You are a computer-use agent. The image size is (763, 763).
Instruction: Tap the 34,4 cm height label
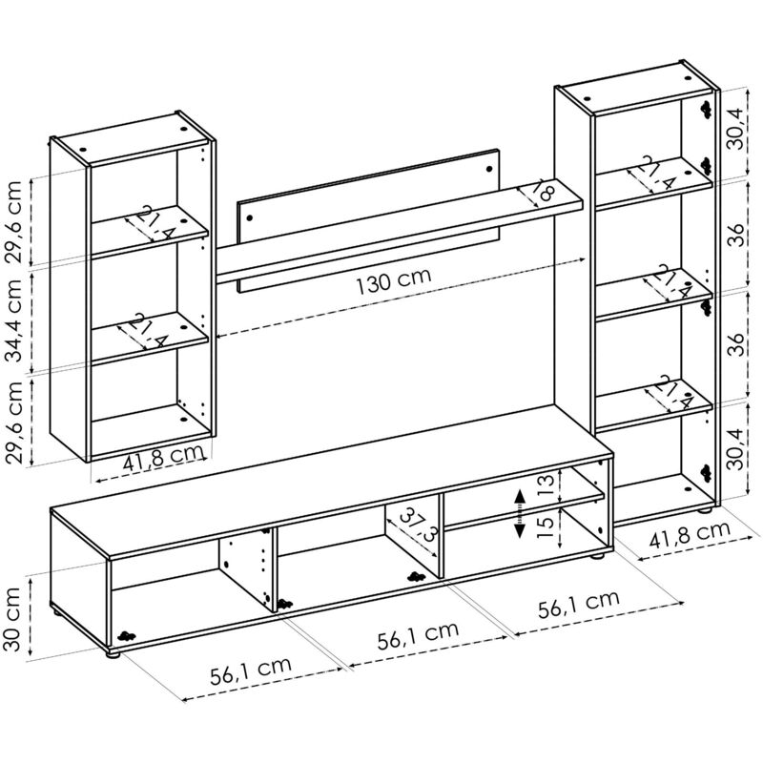pyautogui.click(x=13, y=320)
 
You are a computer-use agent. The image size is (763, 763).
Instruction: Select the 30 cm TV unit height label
pyautogui.click(x=11, y=619)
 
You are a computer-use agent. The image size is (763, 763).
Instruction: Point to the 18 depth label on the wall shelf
pyautogui.click(x=543, y=190)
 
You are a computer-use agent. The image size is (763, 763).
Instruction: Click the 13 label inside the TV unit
pyautogui.click(x=546, y=486)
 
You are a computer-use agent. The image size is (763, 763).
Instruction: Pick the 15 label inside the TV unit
pyautogui.click(x=546, y=527)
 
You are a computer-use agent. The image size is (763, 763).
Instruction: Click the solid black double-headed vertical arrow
pyautogui.click(x=520, y=513)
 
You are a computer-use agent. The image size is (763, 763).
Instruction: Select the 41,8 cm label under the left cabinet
pyautogui.click(x=163, y=459)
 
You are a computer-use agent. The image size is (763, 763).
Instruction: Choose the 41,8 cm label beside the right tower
pyautogui.click(x=690, y=534)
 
